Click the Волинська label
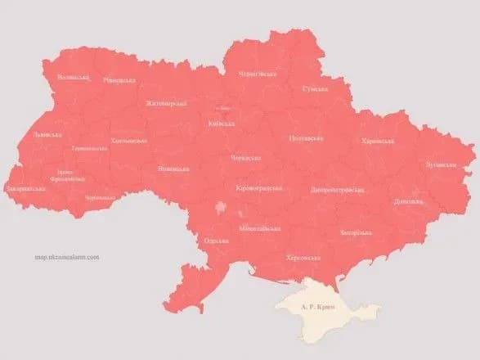73,77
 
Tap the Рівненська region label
119,80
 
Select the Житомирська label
166,103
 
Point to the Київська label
222,124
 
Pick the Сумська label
315,88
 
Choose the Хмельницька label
128,141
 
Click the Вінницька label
173,169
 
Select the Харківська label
378,142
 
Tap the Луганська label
441,164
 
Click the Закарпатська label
25,189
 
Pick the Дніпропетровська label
336,190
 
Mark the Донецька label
408,200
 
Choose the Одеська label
216,241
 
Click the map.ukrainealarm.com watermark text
67,257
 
